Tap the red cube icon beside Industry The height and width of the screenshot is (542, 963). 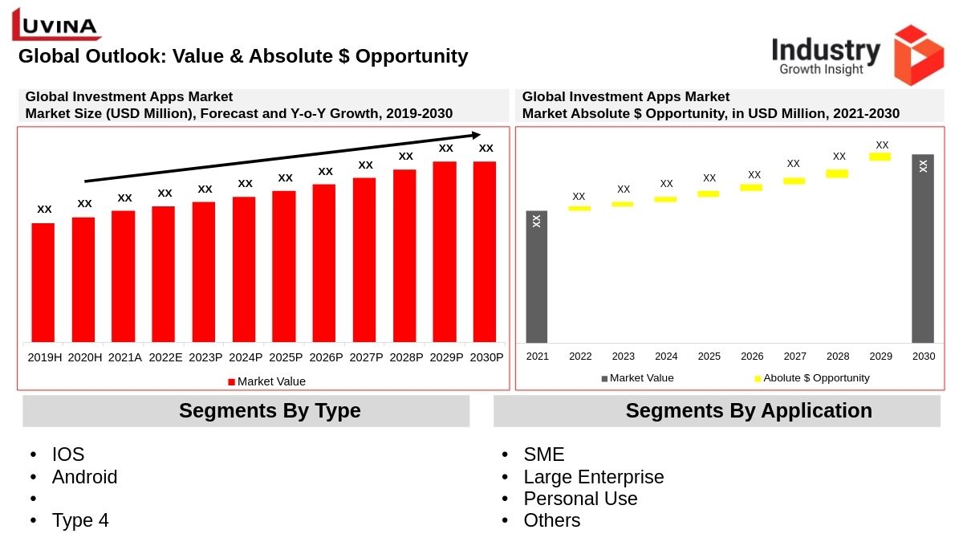918,55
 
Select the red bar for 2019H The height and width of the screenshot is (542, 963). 44,283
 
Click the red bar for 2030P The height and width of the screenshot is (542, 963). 485,252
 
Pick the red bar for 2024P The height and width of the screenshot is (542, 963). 245,270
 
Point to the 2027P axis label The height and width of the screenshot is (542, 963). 366,357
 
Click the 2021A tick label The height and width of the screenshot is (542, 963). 125,357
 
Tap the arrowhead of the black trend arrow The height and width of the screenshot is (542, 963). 476,135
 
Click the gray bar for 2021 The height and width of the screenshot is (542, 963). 537,277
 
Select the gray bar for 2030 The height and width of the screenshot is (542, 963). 923,249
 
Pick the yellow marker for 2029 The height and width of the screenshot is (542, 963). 880,157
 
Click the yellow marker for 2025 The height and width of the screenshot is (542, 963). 709,194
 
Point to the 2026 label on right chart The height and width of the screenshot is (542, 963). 752,356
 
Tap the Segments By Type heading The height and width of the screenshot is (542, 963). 270,411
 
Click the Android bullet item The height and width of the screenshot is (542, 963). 84,477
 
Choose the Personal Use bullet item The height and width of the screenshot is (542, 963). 580,499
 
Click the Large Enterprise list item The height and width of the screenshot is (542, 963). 594,477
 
